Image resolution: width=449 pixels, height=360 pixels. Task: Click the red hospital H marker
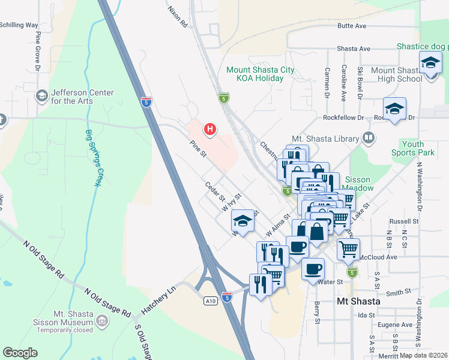click(x=209, y=128)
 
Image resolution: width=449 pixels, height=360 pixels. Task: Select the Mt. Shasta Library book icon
click(x=369, y=139)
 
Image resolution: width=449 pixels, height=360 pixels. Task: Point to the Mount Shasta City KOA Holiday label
click(x=260, y=74)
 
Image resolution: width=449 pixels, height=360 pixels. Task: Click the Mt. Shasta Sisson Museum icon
click(x=101, y=322)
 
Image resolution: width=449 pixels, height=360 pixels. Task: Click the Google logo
click(x=20, y=353)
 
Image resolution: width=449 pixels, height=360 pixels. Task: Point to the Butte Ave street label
click(x=351, y=26)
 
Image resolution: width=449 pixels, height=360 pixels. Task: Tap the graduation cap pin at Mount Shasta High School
click(x=430, y=63)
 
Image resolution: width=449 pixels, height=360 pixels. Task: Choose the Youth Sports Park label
click(x=418, y=148)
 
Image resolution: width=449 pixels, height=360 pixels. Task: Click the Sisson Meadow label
click(x=358, y=184)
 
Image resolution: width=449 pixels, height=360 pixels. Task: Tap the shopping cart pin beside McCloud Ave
click(x=348, y=248)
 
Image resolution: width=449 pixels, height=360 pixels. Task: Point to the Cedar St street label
click(x=214, y=192)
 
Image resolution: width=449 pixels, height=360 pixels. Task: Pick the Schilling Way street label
click(x=19, y=25)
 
